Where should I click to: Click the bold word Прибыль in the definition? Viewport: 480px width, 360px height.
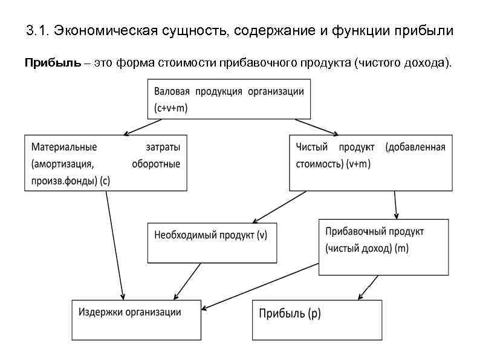pyautogui.click(x=51, y=63)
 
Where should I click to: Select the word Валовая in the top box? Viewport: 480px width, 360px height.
pyautogui.click(x=172, y=91)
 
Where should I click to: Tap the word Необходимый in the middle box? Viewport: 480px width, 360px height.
pyautogui.click(x=184, y=235)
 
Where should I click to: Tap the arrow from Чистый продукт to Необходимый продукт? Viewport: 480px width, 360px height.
pyautogui.click(x=279, y=207)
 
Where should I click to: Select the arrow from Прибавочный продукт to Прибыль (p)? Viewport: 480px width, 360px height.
pyautogui.click(x=368, y=287)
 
